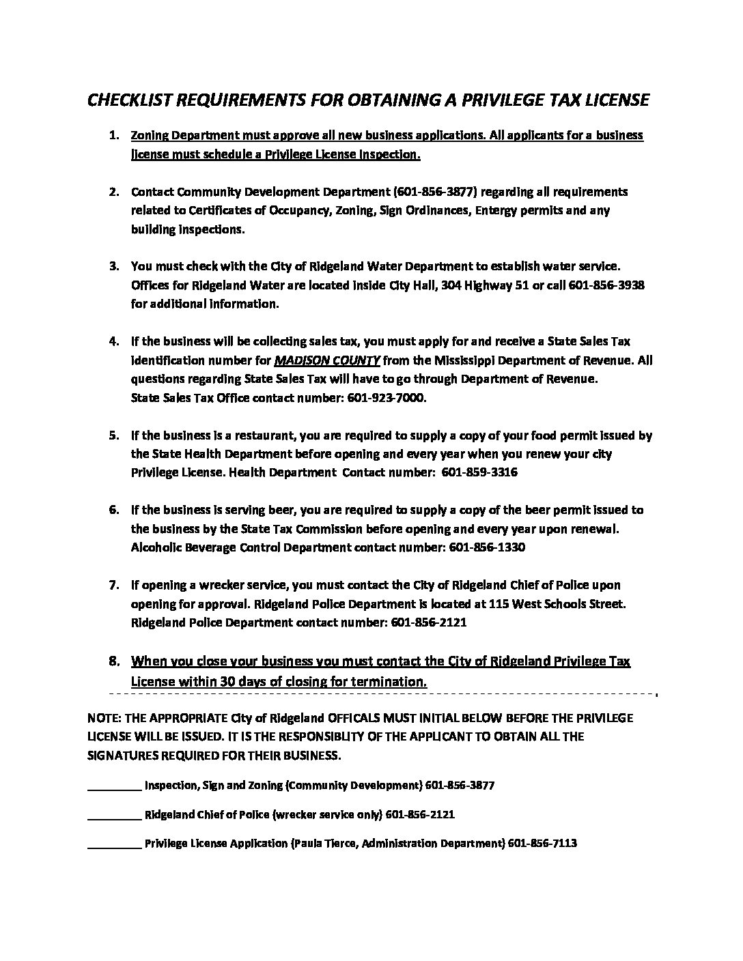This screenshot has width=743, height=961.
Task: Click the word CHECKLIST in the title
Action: pyautogui.click(x=130, y=100)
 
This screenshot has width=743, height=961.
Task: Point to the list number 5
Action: pyautogui.click(x=115, y=435)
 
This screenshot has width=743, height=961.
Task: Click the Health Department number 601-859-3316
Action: pyautogui.click(x=479, y=472)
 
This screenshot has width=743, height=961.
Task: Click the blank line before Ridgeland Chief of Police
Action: pyautogui.click(x=114, y=815)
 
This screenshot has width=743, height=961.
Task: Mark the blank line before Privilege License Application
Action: pyautogui.click(x=114, y=844)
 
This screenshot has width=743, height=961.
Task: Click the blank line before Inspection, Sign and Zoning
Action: pyautogui.click(x=114, y=786)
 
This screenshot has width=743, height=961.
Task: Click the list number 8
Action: pyautogui.click(x=115, y=661)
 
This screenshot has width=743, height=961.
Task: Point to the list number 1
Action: pyautogui.click(x=115, y=135)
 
